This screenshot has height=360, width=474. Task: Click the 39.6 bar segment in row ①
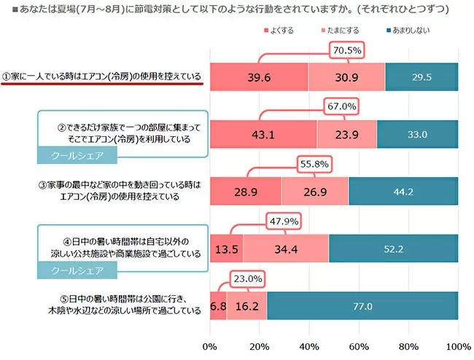point(259,77)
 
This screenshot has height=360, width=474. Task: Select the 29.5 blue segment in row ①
point(421,77)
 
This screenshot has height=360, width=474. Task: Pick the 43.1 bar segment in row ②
point(263,134)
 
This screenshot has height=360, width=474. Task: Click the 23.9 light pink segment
point(347,134)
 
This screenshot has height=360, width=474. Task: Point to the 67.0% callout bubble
point(341,106)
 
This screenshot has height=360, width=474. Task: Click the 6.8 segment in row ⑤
point(218,305)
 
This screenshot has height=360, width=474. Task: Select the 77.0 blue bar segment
point(362,305)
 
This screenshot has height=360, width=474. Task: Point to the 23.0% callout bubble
point(248,278)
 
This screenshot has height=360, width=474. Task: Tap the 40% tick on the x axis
point(309,345)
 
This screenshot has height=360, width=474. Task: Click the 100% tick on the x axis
point(458,345)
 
